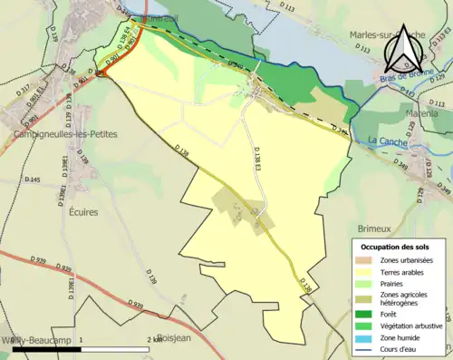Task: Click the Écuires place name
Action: click(82, 211)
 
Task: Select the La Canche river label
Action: click(387, 141)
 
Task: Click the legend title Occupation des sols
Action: click(397, 247)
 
